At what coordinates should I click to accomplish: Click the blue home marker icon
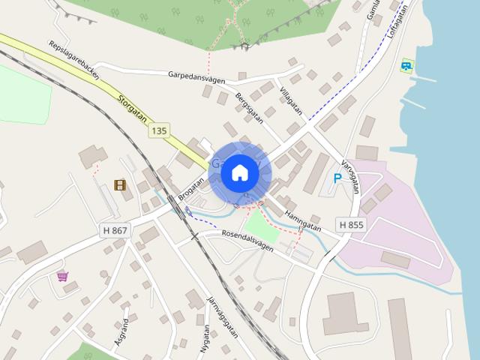click(x=240, y=173)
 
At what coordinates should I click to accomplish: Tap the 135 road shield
click(x=158, y=130)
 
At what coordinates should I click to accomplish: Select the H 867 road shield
click(x=113, y=230)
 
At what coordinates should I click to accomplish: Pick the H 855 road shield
click(x=351, y=224)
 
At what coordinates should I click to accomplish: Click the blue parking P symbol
click(x=337, y=178)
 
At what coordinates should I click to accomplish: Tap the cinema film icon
click(x=119, y=184)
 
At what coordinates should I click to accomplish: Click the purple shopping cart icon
click(x=63, y=276)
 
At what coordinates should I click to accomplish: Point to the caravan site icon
click(x=407, y=66)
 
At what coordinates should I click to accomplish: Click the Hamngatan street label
click(x=303, y=219)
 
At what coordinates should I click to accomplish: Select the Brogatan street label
click(x=192, y=187)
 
